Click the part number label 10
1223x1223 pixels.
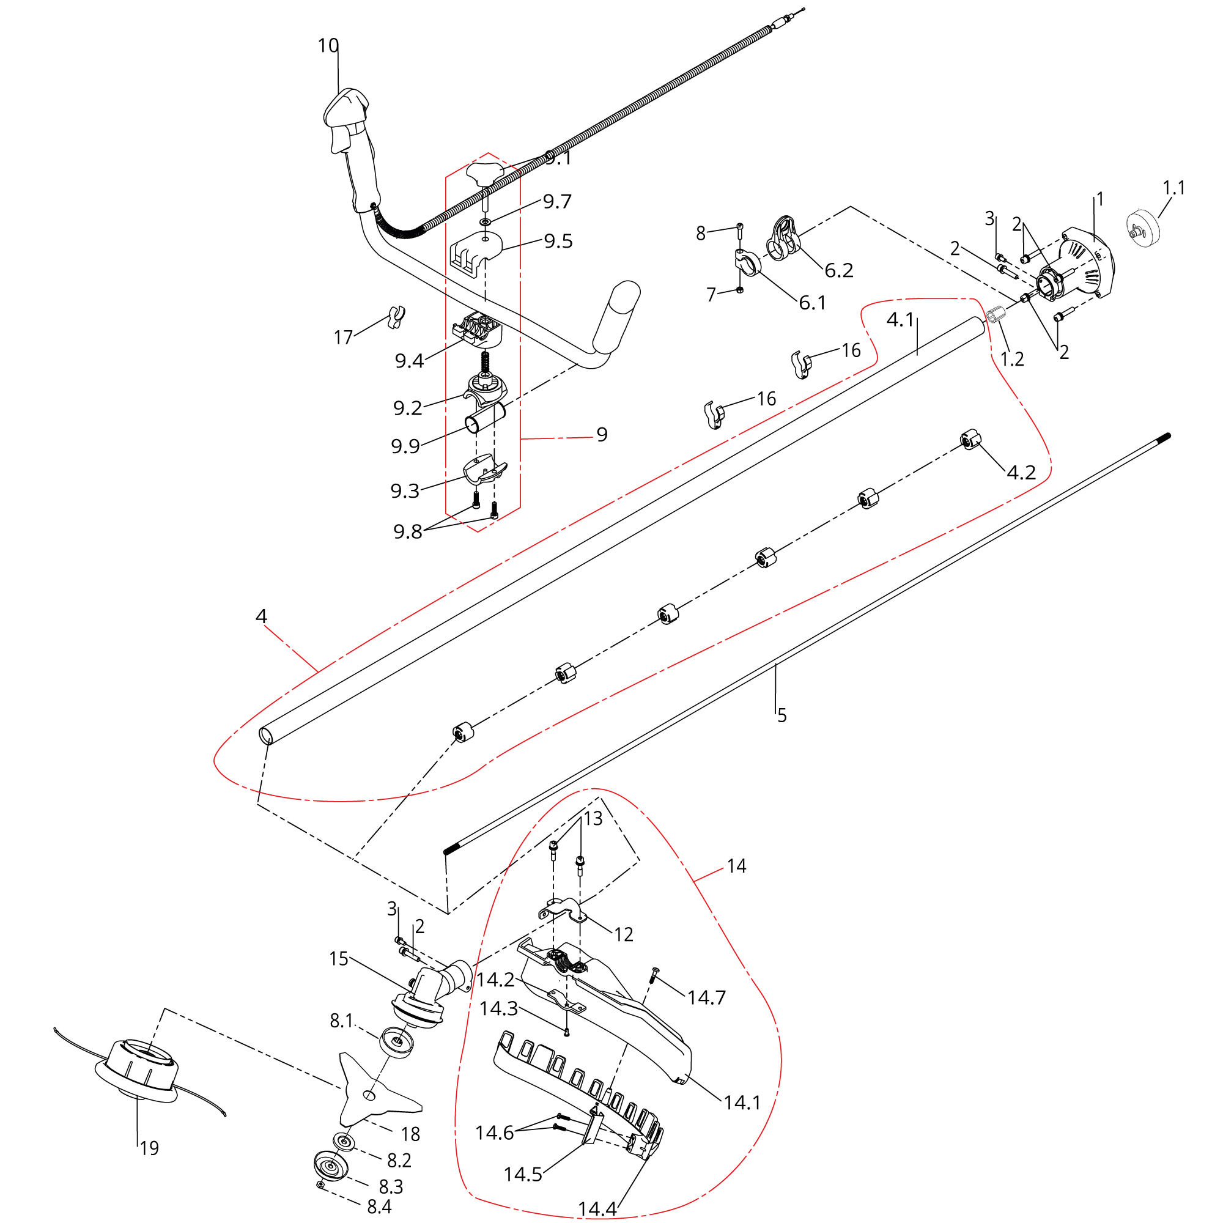point(328,46)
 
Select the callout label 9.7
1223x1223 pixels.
point(557,202)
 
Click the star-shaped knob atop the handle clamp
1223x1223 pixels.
point(484,172)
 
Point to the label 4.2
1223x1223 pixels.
point(1021,472)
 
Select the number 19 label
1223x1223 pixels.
point(149,1148)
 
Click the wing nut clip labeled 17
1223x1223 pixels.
point(396,316)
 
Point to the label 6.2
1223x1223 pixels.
point(839,271)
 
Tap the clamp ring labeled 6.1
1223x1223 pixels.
point(748,262)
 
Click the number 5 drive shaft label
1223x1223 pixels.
point(781,716)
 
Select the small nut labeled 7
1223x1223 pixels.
point(739,290)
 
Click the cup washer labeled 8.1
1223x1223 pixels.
point(396,1042)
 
